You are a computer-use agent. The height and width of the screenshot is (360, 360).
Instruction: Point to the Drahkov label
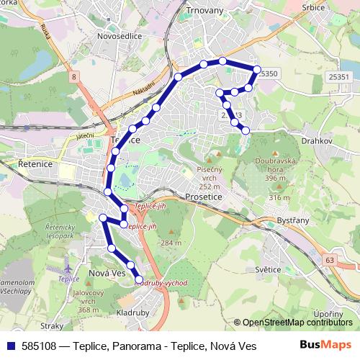[317, 141]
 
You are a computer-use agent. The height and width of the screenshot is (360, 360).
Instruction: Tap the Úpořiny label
[328, 315]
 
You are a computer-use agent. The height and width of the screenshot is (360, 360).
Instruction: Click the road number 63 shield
[330, 258]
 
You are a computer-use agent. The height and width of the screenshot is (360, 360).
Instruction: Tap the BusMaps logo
[326, 345]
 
